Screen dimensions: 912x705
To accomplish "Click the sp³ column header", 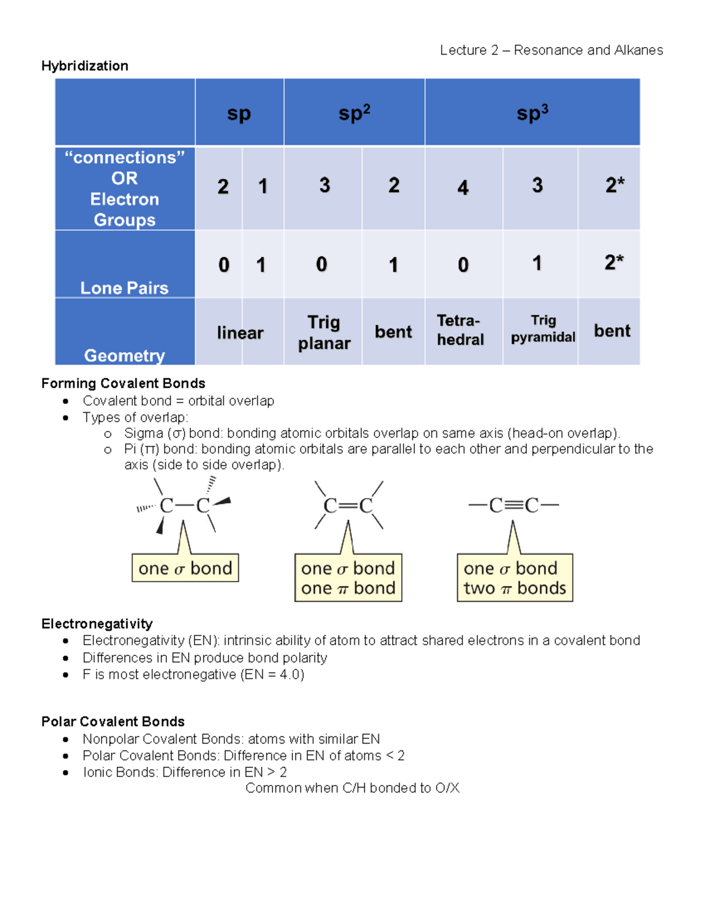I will point(532,112).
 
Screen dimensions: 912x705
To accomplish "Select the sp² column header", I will point(354,112).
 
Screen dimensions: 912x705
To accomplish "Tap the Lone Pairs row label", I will point(125,288).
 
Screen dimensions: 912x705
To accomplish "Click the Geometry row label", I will point(125,355).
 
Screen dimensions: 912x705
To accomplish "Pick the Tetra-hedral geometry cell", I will point(461,330).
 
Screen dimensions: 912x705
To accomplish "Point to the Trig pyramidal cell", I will point(543,329).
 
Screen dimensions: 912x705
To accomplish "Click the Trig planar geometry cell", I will point(324,332).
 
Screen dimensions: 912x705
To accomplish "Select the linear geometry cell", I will point(240,333).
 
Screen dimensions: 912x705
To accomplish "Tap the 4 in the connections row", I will point(463,188).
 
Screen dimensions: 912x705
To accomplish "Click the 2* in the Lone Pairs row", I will point(614,262).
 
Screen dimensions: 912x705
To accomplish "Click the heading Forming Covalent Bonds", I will point(123,383).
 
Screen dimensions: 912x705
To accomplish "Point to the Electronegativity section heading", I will point(97,624).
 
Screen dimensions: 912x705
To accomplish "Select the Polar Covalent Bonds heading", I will point(113,722).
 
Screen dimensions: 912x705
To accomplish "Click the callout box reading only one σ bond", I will point(185,568).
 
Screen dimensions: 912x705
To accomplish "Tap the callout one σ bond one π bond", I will point(348,578).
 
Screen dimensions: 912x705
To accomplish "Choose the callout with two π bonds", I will point(515,578).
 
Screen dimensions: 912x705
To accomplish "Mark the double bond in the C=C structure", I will point(348,506).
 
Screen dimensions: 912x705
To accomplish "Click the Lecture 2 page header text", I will point(551,51).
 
